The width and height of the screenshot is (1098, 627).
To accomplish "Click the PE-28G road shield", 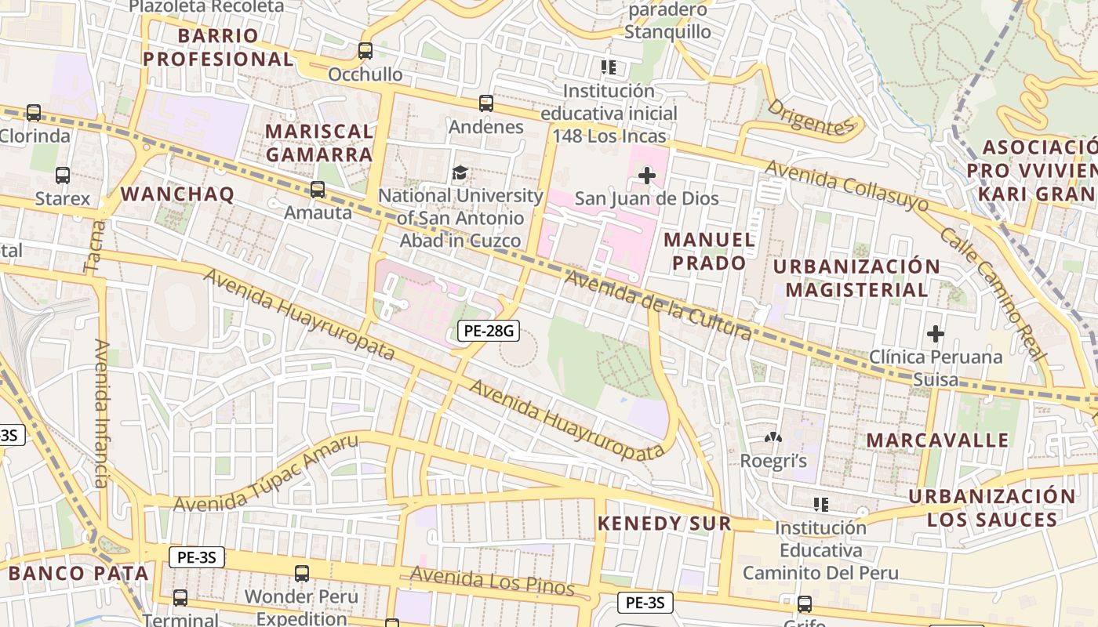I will [x=489, y=331].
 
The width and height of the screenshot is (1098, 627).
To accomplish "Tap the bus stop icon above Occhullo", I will [x=365, y=51].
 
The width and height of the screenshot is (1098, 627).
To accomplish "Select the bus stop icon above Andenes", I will [x=486, y=103].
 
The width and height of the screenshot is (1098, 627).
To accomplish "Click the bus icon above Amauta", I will [x=318, y=190].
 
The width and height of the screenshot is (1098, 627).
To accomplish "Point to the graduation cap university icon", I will [x=460, y=172].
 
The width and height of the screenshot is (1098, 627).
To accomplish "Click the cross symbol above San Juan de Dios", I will [x=646, y=176].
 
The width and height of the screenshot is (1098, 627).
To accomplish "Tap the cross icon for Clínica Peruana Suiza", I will [x=935, y=335].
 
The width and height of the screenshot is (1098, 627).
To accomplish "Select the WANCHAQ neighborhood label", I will [x=177, y=194].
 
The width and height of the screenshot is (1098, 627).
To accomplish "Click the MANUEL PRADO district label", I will [x=710, y=251].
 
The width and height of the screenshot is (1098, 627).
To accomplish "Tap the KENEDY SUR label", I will [x=664, y=524].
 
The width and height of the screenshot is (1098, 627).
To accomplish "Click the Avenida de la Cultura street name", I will [x=657, y=306].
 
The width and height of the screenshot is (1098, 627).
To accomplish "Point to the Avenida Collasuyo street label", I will [x=846, y=187].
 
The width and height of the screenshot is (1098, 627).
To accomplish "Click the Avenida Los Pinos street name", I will [x=492, y=581].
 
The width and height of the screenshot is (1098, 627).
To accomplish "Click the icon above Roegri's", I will [x=773, y=437].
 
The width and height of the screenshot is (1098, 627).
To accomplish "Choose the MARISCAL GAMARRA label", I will [x=319, y=143].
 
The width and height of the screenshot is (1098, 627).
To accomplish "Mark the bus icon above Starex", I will [x=63, y=176].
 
